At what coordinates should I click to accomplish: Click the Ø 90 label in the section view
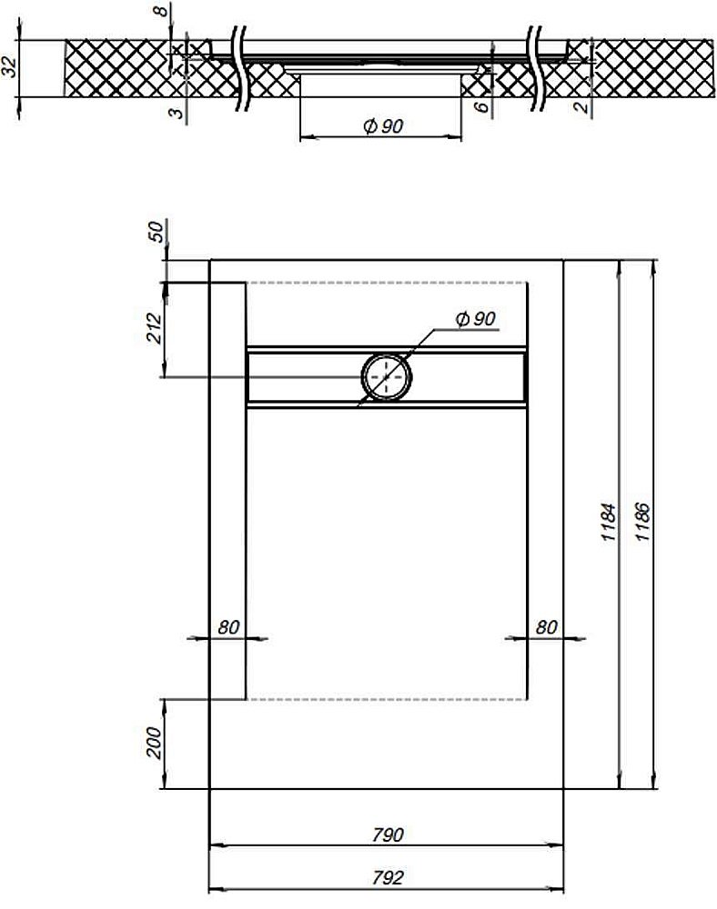click(382, 126)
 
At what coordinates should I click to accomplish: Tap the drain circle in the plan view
click(388, 375)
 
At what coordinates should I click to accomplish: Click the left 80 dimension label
click(228, 626)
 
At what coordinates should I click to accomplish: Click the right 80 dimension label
click(546, 626)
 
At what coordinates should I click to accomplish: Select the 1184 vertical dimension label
click(609, 523)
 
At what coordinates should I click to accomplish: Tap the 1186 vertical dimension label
click(642, 523)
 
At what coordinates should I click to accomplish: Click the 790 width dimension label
click(388, 834)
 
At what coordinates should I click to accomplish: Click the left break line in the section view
click(240, 68)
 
